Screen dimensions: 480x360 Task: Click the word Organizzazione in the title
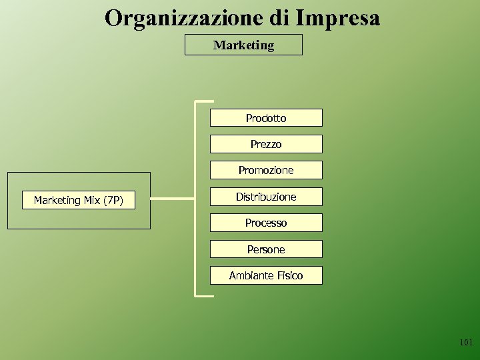[x=185, y=18]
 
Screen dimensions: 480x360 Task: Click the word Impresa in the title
[x=337, y=18]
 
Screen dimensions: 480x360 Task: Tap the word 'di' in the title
[x=279, y=18]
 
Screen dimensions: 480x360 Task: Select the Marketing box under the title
[x=243, y=45]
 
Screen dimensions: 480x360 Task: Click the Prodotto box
[x=266, y=118]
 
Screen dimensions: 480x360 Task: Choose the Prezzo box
[x=266, y=144]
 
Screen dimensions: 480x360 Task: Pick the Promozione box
[x=266, y=170]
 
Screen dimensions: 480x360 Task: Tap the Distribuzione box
[x=266, y=197]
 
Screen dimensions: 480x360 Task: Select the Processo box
[x=266, y=223]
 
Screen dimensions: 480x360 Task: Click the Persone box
[x=266, y=249]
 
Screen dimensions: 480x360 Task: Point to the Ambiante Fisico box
[x=266, y=275]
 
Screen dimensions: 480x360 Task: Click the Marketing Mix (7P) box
[x=78, y=200]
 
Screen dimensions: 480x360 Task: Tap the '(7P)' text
[x=113, y=200]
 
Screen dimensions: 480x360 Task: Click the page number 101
[x=465, y=343]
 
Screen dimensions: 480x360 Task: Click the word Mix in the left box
[x=92, y=200]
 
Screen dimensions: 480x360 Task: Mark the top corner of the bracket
[x=196, y=102]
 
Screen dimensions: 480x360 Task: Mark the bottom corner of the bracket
[x=196, y=294]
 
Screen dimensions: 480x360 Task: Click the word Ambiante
[x=251, y=275]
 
